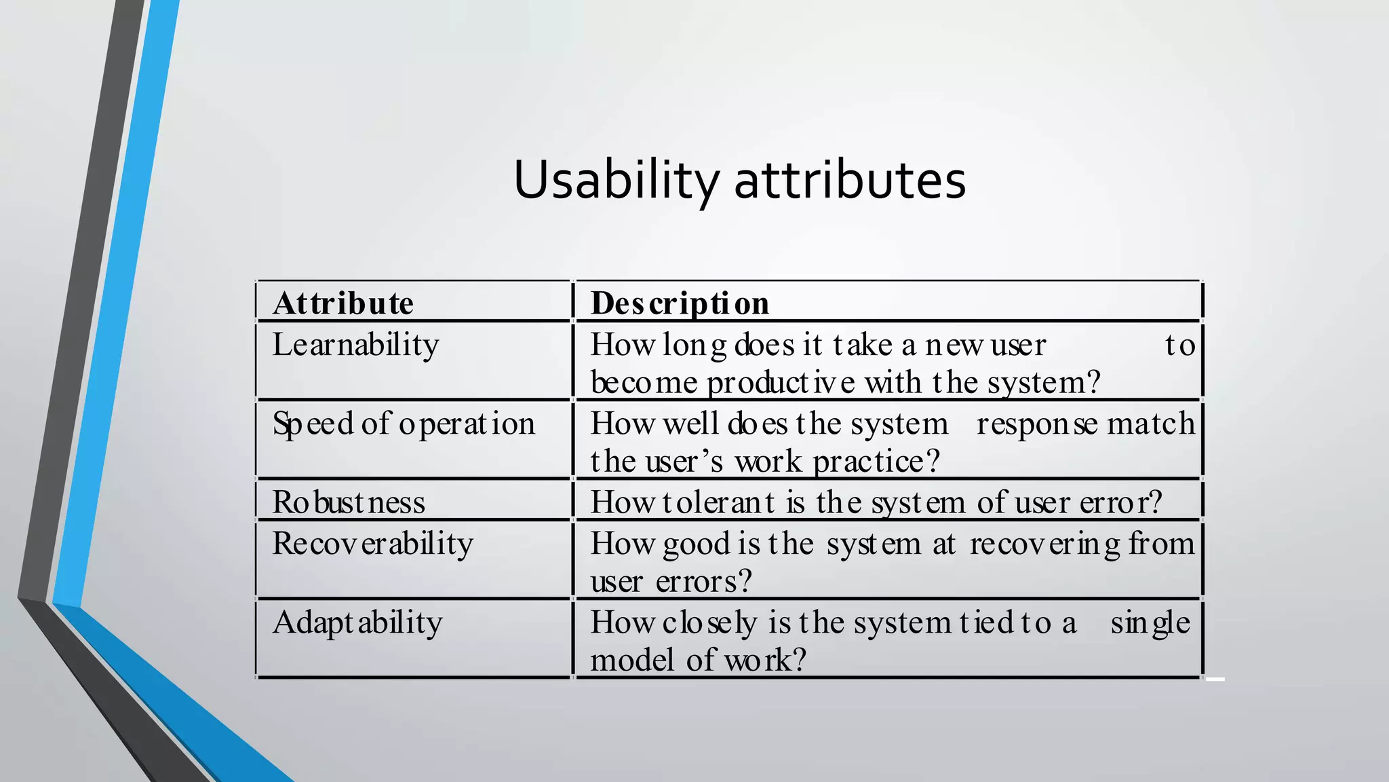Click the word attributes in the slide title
pyautogui.click(x=850, y=180)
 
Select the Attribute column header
pyautogui.click(x=343, y=303)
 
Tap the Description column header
pyautogui.click(x=680, y=303)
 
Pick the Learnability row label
pyautogui.click(x=355, y=345)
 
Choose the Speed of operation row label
pyautogui.click(x=404, y=424)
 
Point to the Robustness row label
pyautogui.click(x=349, y=502)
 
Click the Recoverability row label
pyautogui.click(x=372, y=544)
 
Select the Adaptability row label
pyautogui.click(x=357, y=622)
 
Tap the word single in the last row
pyautogui.click(x=1150, y=622)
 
